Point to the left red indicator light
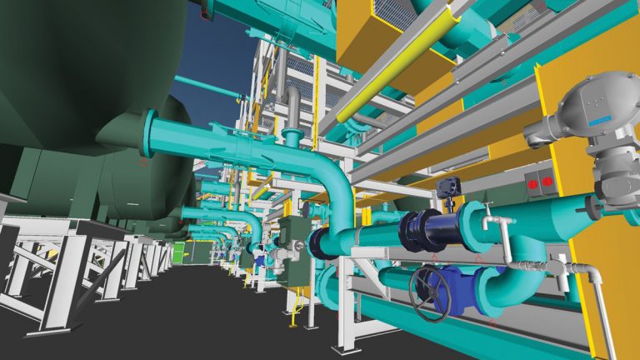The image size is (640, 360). [x=530, y=181]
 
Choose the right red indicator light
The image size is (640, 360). [x=547, y=180]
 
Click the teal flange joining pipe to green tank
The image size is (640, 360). [x=151, y=133]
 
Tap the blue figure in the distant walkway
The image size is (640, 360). [x=260, y=259]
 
